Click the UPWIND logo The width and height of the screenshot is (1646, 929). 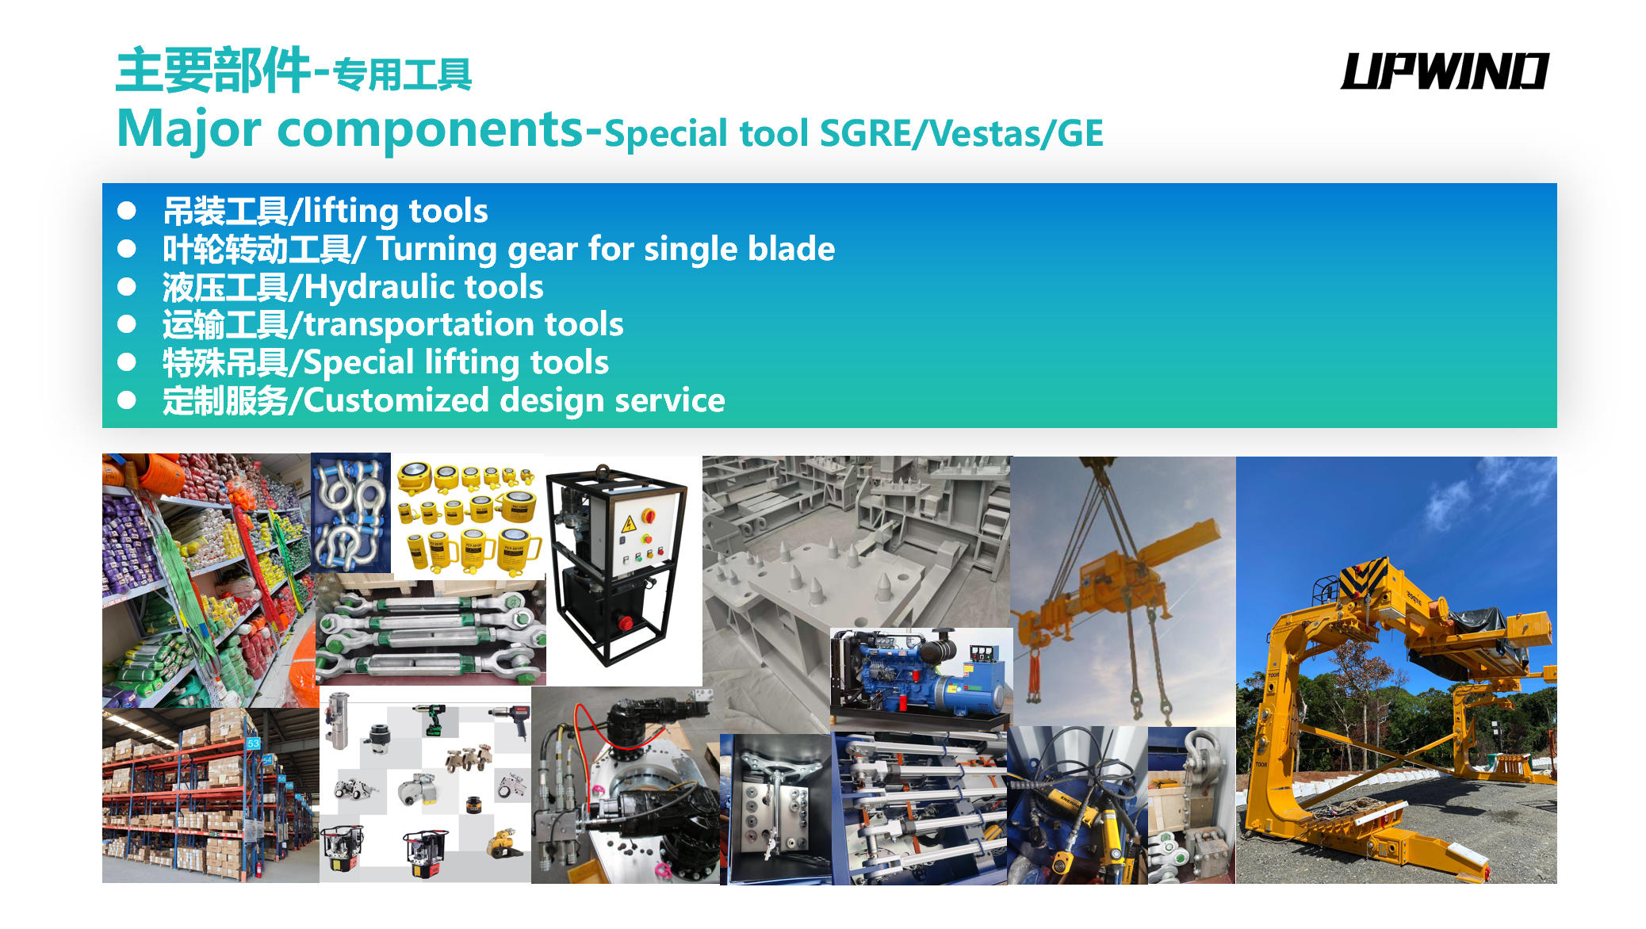(x=1444, y=71)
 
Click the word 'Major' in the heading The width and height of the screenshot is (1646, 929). (x=189, y=129)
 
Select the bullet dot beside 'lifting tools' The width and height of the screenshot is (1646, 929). (x=127, y=211)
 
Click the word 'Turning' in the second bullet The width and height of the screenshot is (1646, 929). (x=436, y=250)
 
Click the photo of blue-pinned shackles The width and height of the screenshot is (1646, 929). (x=351, y=513)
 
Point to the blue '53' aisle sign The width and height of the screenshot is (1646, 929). (x=253, y=744)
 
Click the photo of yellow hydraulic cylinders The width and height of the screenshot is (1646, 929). (x=469, y=517)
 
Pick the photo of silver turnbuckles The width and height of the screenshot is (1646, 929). (x=431, y=633)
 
